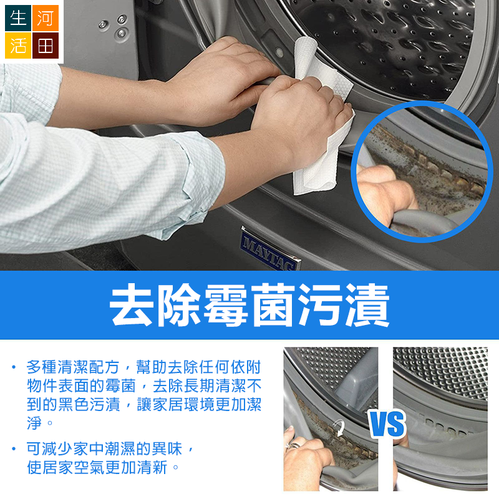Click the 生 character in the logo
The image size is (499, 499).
(18, 17)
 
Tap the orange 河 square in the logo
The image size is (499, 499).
(45, 18)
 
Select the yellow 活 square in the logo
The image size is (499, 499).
(18, 45)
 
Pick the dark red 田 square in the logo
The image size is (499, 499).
(45, 45)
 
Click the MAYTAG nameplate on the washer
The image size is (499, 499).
(270, 249)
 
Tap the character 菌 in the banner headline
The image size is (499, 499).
(273, 305)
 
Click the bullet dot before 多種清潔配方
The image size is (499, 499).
(14, 367)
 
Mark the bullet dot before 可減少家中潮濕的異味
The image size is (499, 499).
(14, 448)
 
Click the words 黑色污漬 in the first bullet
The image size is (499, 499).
(89, 404)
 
